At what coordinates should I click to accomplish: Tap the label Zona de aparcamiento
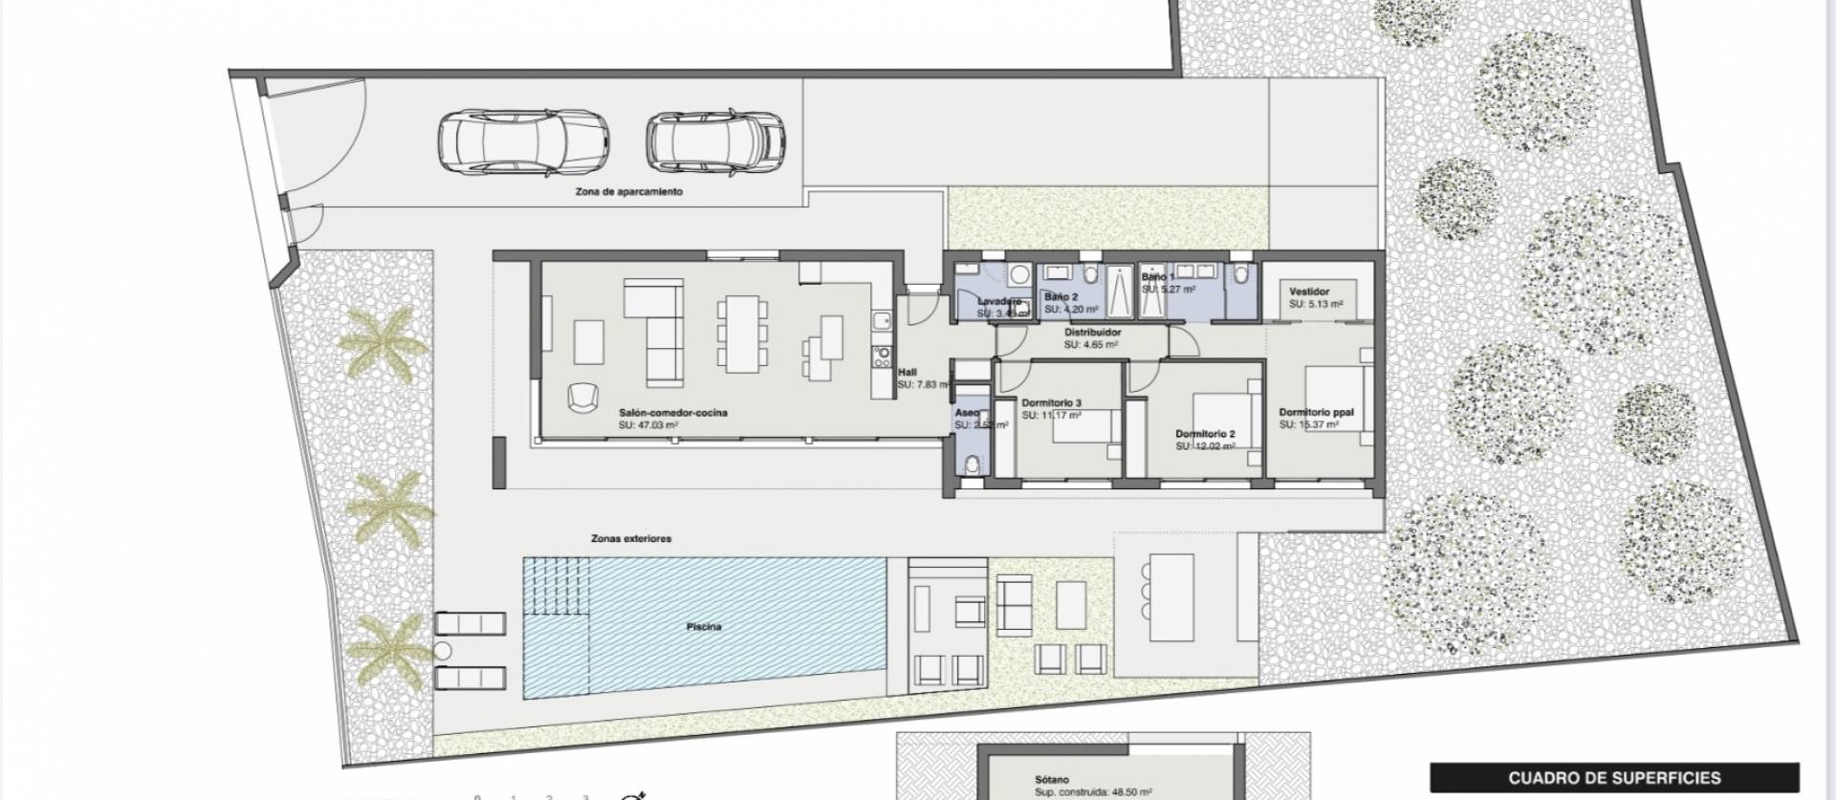(x=628, y=192)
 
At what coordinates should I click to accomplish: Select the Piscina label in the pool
(x=703, y=627)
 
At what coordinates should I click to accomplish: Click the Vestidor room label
(x=1308, y=292)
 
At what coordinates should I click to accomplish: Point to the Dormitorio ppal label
(x=1316, y=413)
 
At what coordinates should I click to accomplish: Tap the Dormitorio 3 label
(x=1051, y=403)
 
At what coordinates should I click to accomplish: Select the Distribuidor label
(x=1093, y=333)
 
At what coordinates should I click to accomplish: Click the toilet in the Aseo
(x=972, y=465)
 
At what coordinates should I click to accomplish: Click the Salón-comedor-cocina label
(x=672, y=413)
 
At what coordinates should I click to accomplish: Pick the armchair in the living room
(x=581, y=396)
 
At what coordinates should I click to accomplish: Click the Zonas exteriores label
(x=630, y=539)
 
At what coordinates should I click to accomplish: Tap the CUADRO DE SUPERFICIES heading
(x=1614, y=778)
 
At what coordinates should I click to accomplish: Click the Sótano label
(x=1052, y=780)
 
